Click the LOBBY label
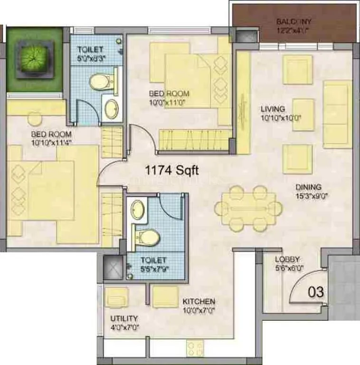click(287, 259)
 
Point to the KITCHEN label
click(199, 301)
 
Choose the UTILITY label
click(124, 318)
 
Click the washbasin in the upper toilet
click(112, 109)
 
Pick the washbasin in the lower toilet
click(138, 209)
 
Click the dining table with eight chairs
click(248, 208)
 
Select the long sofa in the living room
click(338, 114)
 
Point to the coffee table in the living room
click(303, 114)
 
